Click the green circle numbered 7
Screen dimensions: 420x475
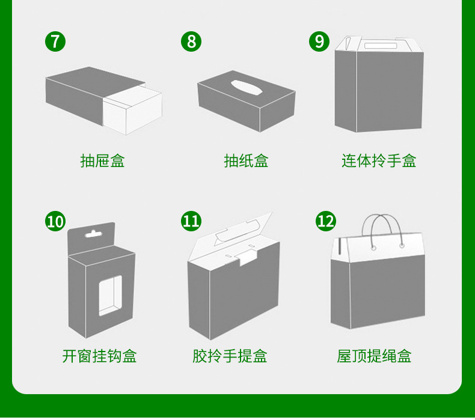click(55, 41)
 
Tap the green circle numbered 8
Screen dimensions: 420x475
click(191, 41)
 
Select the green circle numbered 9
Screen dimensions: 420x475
click(319, 41)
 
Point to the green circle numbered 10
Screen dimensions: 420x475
click(55, 221)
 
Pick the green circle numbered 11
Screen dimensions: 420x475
click(191, 221)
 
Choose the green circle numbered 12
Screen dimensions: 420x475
click(326, 221)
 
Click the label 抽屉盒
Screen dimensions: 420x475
click(102, 161)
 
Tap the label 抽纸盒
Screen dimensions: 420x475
click(246, 161)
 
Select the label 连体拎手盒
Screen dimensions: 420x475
click(379, 161)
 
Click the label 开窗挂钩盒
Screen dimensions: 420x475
click(100, 356)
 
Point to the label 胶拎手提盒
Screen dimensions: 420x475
click(230, 356)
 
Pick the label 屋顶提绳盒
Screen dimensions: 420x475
click(374, 356)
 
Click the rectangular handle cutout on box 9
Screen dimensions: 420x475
click(381, 46)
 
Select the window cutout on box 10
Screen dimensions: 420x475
click(110, 295)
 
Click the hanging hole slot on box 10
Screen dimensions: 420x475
click(92, 234)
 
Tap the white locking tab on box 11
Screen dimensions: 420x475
click(247, 258)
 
